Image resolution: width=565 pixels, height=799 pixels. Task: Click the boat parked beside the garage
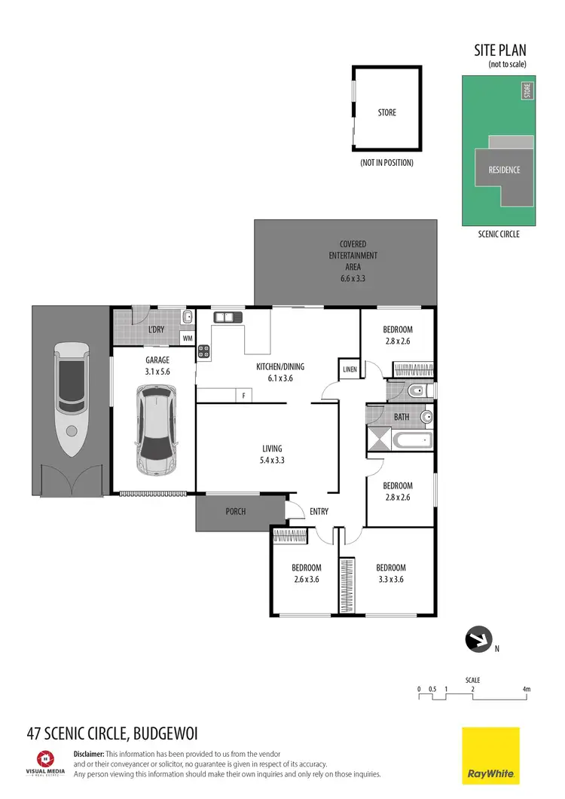71,400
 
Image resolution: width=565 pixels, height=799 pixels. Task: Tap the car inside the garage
156,430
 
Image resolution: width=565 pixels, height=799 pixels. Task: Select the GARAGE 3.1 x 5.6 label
157,366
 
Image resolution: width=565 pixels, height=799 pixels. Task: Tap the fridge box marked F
243,395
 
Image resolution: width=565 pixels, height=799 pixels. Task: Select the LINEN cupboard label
350,369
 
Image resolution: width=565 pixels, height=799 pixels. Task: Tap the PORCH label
236,512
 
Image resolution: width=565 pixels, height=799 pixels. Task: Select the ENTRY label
319,512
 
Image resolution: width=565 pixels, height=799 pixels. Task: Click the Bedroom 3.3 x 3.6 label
391,574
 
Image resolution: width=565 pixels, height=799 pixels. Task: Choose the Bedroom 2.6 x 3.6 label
307,574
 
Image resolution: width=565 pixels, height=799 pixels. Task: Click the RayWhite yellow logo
490,756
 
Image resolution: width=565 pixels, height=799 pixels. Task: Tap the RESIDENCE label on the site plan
504,170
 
